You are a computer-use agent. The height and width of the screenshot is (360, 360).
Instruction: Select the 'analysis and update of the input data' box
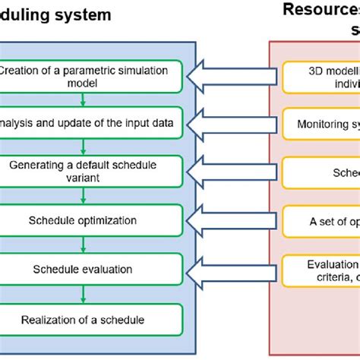[91, 122]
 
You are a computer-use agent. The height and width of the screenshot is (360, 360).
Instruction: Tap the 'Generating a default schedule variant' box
[91, 170]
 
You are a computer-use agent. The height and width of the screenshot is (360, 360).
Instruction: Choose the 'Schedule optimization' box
[91, 220]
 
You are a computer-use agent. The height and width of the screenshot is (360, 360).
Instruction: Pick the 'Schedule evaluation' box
[91, 269]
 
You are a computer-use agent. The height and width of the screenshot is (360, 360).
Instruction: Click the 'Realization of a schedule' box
[91, 319]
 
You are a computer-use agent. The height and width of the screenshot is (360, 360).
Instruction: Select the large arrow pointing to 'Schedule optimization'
[231, 220]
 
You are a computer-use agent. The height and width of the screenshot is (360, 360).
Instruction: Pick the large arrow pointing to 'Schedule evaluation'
[231, 269]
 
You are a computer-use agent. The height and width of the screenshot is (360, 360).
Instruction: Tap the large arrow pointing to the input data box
[231, 122]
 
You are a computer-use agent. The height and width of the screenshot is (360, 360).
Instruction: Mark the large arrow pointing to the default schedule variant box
[231, 171]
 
